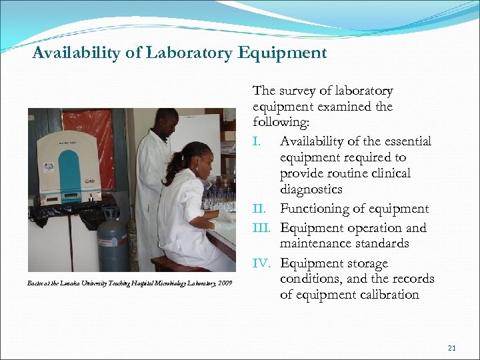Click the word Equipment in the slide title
coord(282,53)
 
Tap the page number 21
coord(451,347)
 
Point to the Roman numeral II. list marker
coord(260,209)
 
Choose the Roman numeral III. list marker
coord(263,227)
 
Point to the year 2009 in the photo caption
coord(225,283)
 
